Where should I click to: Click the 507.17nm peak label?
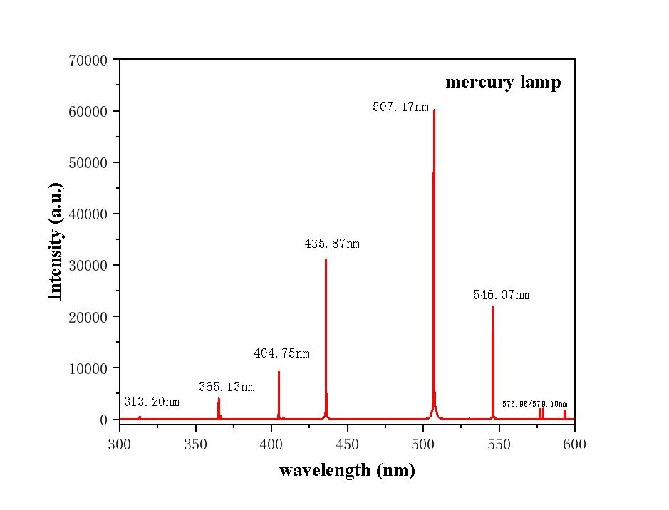pyautogui.click(x=400, y=108)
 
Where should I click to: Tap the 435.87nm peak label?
pyautogui.click(x=332, y=244)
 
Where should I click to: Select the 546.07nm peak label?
pyautogui.click(x=501, y=295)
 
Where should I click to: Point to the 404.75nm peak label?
pyautogui.click(x=281, y=353)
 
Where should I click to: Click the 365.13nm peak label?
pyautogui.click(x=227, y=387)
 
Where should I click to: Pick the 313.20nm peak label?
pyautogui.click(x=152, y=402)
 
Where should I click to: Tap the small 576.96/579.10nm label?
pyautogui.click(x=534, y=404)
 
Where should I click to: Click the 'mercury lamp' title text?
pyautogui.click(x=503, y=82)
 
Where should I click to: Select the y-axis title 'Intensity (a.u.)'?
pyautogui.click(x=56, y=241)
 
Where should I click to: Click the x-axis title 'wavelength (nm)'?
pyautogui.click(x=347, y=470)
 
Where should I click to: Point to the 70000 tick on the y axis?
pyautogui.click(x=88, y=61)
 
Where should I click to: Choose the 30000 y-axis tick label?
pyautogui.click(x=88, y=266)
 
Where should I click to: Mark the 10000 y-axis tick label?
pyautogui.click(x=88, y=368)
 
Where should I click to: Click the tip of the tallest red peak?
pyautogui.click(x=434, y=110)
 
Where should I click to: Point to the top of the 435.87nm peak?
pyautogui.click(x=326, y=259)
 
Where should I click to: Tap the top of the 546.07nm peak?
pyautogui.click(x=493, y=307)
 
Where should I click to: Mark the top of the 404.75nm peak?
pyautogui.click(x=279, y=372)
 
